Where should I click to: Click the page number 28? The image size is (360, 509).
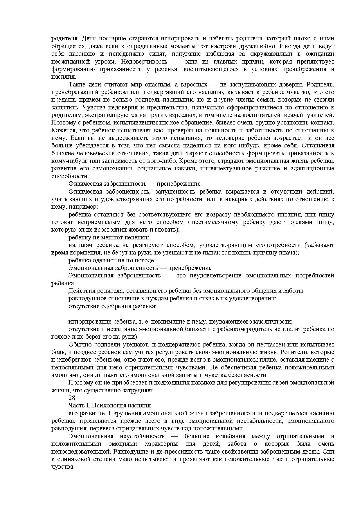coord(72,398)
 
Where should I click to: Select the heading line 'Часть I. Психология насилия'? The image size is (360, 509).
coord(110,405)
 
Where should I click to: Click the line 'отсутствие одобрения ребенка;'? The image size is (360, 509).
coord(112,306)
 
